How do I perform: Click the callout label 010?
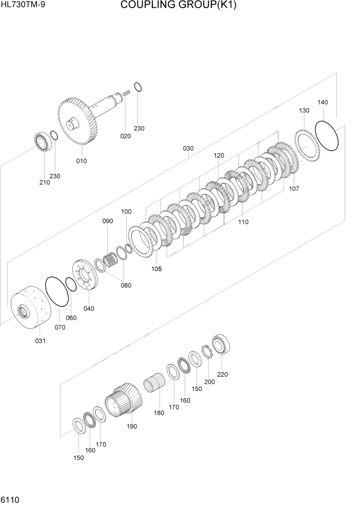tap(82, 161)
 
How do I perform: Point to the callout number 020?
tap(126, 136)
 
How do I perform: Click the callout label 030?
tap(188, 149)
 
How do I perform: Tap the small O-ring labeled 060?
tap(71, 284)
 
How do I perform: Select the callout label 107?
tap(294, 188)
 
